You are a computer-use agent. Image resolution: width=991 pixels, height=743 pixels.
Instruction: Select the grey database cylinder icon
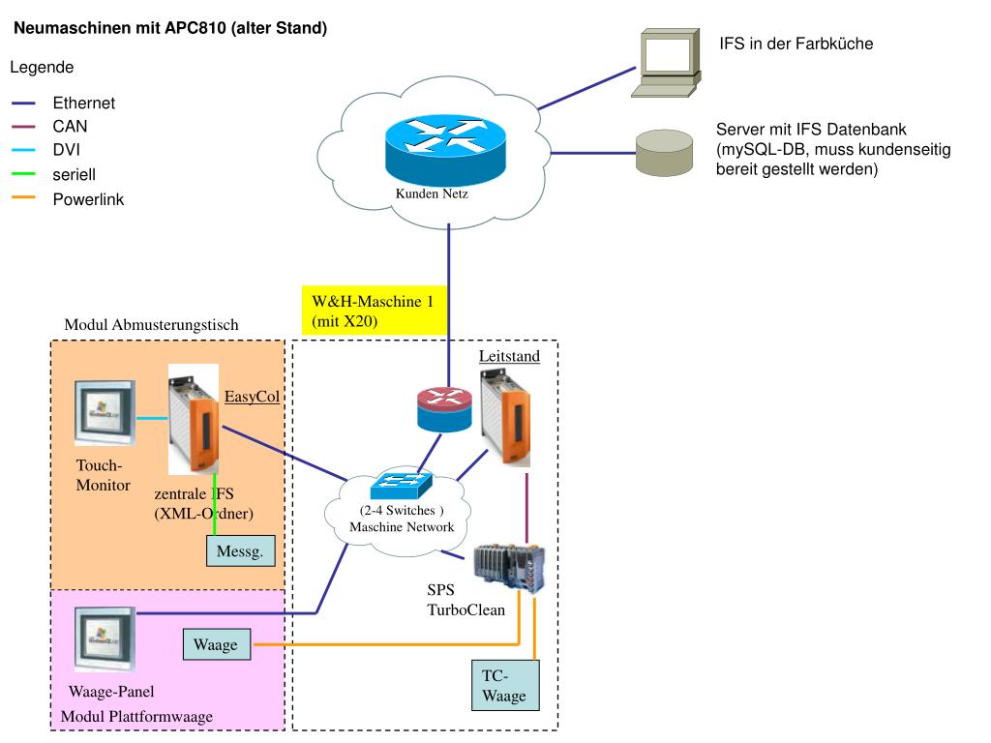click(664, 152)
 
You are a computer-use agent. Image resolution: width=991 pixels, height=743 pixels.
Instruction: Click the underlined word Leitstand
click(509, 356)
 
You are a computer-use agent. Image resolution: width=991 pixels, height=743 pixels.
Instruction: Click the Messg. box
click(240, 550)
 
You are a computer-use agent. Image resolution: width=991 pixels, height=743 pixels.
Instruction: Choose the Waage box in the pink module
click(215, 645)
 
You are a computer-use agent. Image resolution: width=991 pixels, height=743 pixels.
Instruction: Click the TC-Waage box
click(504, 686)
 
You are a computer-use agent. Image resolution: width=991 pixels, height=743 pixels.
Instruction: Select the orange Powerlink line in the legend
click(23, 198)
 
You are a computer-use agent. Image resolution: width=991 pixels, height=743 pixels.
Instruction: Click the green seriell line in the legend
click(23, 174)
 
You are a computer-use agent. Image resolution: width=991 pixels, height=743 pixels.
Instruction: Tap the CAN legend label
click(70, 127)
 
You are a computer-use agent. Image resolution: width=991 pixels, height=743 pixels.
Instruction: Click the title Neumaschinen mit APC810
click(170, 29)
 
